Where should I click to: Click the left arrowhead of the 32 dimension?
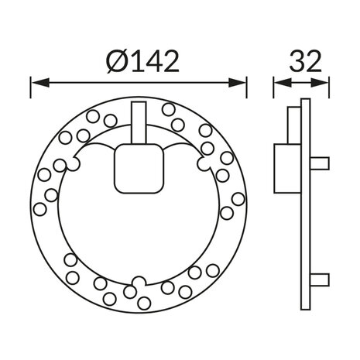pos(277,81)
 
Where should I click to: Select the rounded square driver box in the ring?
pos(139,168)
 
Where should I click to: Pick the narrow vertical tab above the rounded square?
pos(139,123)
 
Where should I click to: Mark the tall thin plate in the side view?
pos(306,205)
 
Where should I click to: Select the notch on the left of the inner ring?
pos(75,164)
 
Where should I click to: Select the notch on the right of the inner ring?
pos(203,164)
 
